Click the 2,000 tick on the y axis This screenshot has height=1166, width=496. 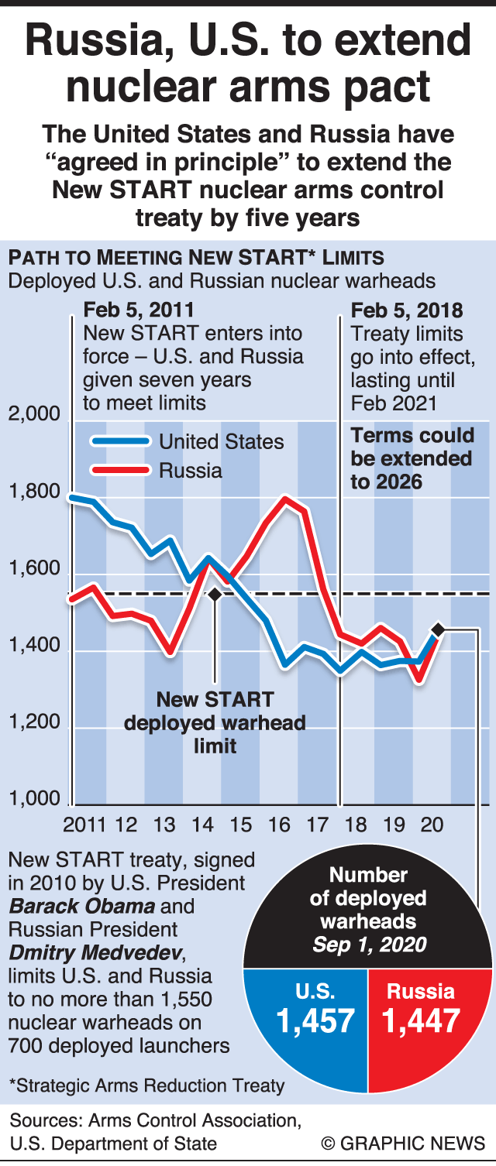coord(34,413)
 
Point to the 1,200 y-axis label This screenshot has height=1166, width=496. coord(34,722)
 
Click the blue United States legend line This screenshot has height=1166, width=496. coord(120,441)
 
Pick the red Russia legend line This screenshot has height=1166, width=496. coord(120,470)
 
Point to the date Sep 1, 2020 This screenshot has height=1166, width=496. coord(369,945)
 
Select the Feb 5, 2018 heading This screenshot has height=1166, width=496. coord(407,310)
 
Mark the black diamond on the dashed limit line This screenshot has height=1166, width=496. coord(215,594)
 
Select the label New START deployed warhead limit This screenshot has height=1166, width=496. coord(215,723)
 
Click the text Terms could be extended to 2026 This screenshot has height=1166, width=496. coord(411,458)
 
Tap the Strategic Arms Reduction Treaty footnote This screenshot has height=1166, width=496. coord(146,1085)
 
